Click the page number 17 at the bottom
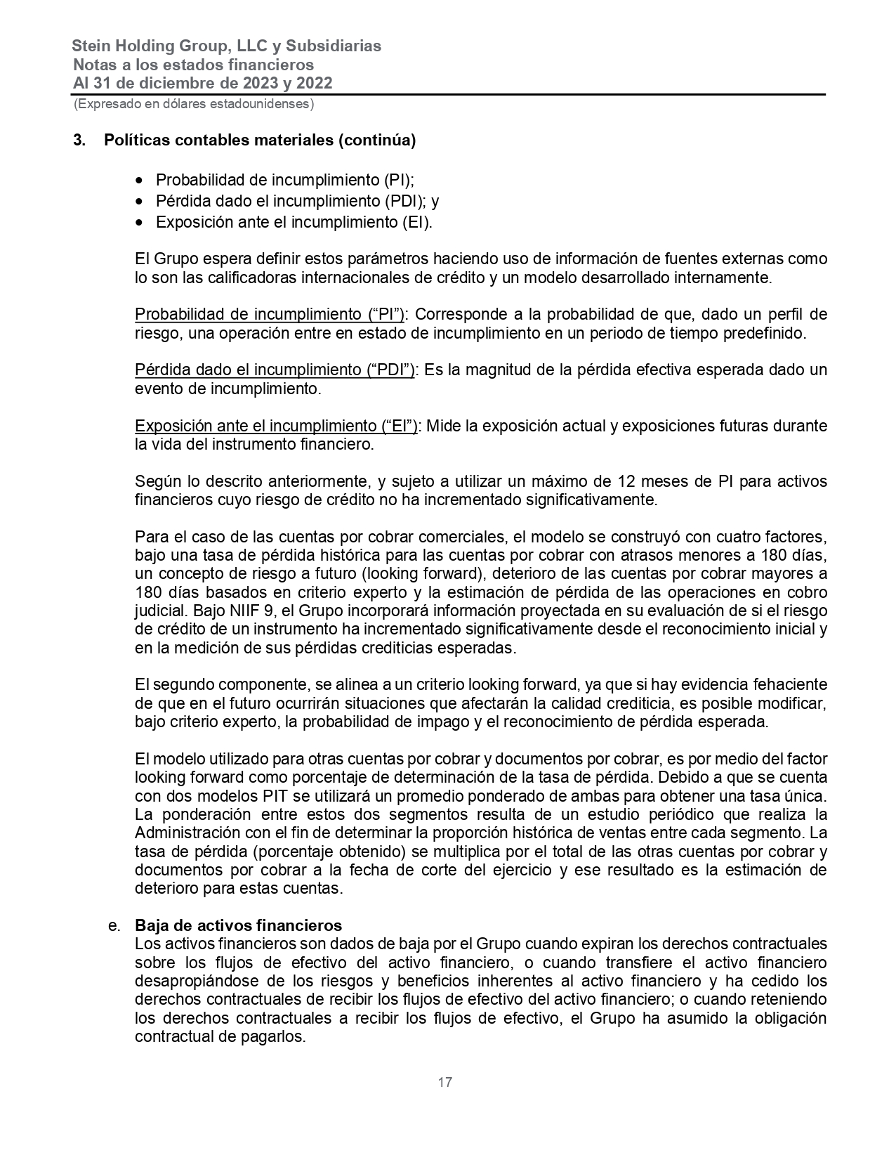[x=445, y=1082]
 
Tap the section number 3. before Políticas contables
[x=79, y=141]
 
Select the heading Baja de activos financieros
[x=238, y=925]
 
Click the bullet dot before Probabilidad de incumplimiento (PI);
[x=141, y=180]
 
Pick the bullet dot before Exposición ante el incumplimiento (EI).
[x=141, y=223]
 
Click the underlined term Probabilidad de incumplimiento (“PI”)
[x=270, y=314]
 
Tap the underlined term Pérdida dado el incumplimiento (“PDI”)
[x=275, y=370]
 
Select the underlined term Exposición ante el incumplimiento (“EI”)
[x=276, y=426]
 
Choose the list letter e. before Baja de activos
[x=115, y=925]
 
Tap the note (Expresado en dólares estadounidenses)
[x=193, y=104]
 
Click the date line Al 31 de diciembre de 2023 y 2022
[x=202, y=84]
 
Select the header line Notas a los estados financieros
[x=193, y=65]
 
